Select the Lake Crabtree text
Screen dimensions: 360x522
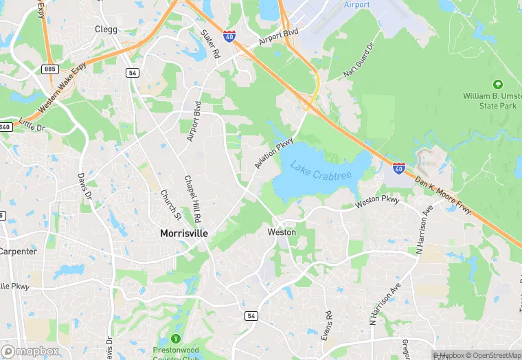pyautogui.click(x=320, y=170)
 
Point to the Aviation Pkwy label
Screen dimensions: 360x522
pyautogui.click(x=269, y=151)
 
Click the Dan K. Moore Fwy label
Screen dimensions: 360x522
pyautogui.click(x=444, y=195)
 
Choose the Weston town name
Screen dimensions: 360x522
pyautogui.click(x=282, y=232)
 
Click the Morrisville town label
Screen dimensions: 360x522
pyautogui.click(x=183, y=234)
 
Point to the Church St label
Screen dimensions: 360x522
pyautogui.click(x=171, y=205)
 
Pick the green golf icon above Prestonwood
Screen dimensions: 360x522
pyautogui.click(x=176, y=338)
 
